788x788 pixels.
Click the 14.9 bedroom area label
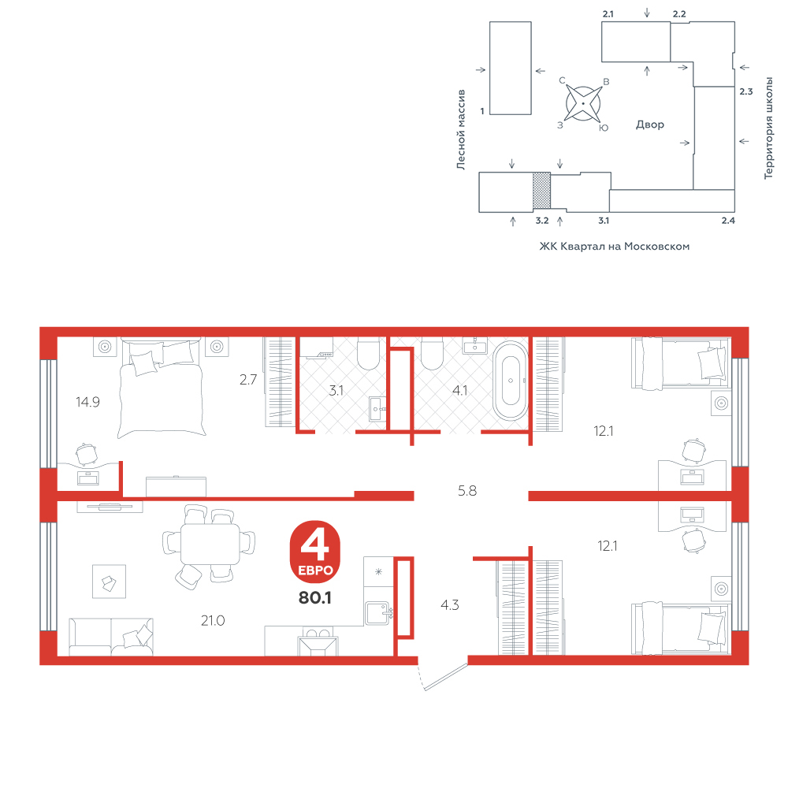(88, 402)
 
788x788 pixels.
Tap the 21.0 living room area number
(213, 621)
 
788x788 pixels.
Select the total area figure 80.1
(315, 597)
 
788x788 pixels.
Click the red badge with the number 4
(315, 552)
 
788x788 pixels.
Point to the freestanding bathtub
(511, 381)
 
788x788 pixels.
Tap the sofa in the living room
(110, 637)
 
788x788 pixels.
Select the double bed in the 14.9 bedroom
(161, 387)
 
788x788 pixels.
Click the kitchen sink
(378, 613)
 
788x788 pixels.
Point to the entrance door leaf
(446, 677)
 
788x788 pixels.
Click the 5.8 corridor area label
(467, 490)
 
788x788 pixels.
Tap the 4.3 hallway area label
(450, 605)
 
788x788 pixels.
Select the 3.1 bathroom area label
(336, 391)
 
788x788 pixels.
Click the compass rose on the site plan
(583, 103)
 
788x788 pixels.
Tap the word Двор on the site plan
(650, 125)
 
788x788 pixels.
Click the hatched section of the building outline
(541, 191)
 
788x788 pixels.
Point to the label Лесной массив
(461, 130)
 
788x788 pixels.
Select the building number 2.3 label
(745, 91)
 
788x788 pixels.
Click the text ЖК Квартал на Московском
(614, 246)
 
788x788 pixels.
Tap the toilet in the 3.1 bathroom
(368, 355)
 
